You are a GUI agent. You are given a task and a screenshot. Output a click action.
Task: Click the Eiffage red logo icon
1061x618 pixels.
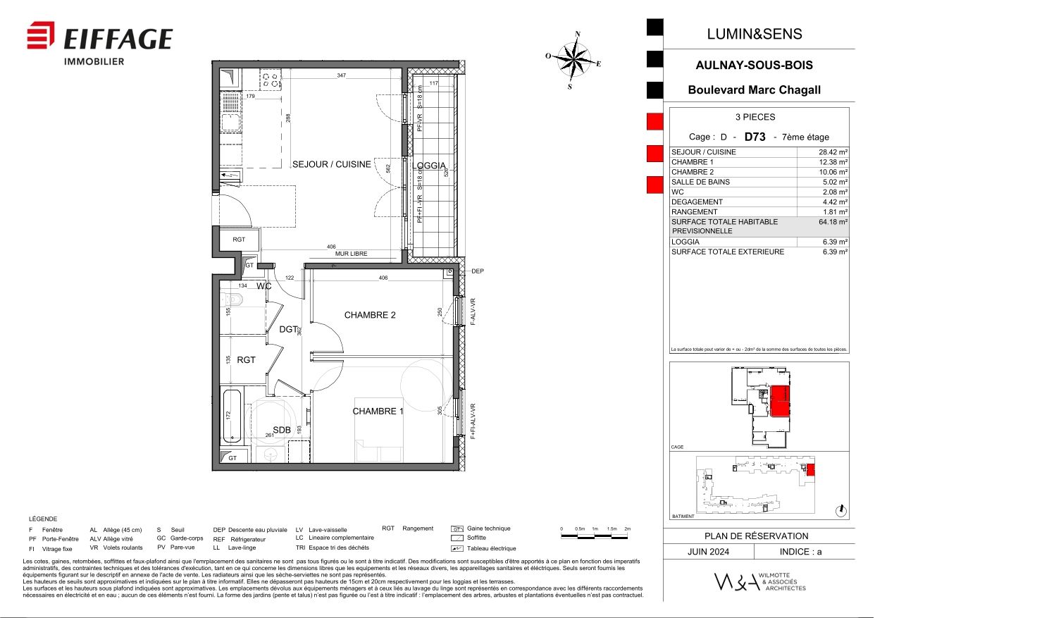tap(41, 36)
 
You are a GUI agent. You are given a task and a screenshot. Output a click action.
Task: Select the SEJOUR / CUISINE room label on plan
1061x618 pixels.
tap(331, 164)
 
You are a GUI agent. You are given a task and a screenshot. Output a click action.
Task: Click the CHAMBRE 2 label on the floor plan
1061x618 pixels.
tap(370, 315)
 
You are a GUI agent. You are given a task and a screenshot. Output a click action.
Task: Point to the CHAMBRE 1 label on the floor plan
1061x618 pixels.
tap(378, 411)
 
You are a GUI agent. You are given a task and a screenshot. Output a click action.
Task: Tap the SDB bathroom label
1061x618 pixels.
tap(282, 430)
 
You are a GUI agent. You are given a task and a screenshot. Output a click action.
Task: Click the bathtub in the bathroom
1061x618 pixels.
tap(232, 416)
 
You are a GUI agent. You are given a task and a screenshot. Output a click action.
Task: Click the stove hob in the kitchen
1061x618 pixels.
tap(270, 79)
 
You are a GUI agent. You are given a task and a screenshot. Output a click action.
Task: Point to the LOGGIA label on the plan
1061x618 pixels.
tap(429, 166)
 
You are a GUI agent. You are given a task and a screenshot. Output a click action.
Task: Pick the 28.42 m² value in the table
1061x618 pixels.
tap(833, 152)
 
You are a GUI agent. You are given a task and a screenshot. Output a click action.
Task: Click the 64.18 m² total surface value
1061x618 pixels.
tap(833, 222)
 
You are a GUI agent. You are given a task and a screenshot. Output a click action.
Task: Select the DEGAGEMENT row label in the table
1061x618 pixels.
tap(697, 202)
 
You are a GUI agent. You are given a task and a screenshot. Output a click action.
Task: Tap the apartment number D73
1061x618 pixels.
tap(755, 137)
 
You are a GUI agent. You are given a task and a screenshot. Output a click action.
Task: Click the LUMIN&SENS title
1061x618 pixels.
tap(755, 34)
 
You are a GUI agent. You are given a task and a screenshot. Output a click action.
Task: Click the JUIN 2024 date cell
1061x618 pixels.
tap(708, 552)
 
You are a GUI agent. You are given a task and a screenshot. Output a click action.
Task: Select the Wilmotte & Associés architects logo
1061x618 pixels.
tap(759, 581)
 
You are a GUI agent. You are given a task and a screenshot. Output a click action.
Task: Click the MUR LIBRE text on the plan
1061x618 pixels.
tap(351, 254)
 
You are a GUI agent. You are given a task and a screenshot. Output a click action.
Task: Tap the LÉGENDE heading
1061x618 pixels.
tap(43, 519)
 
